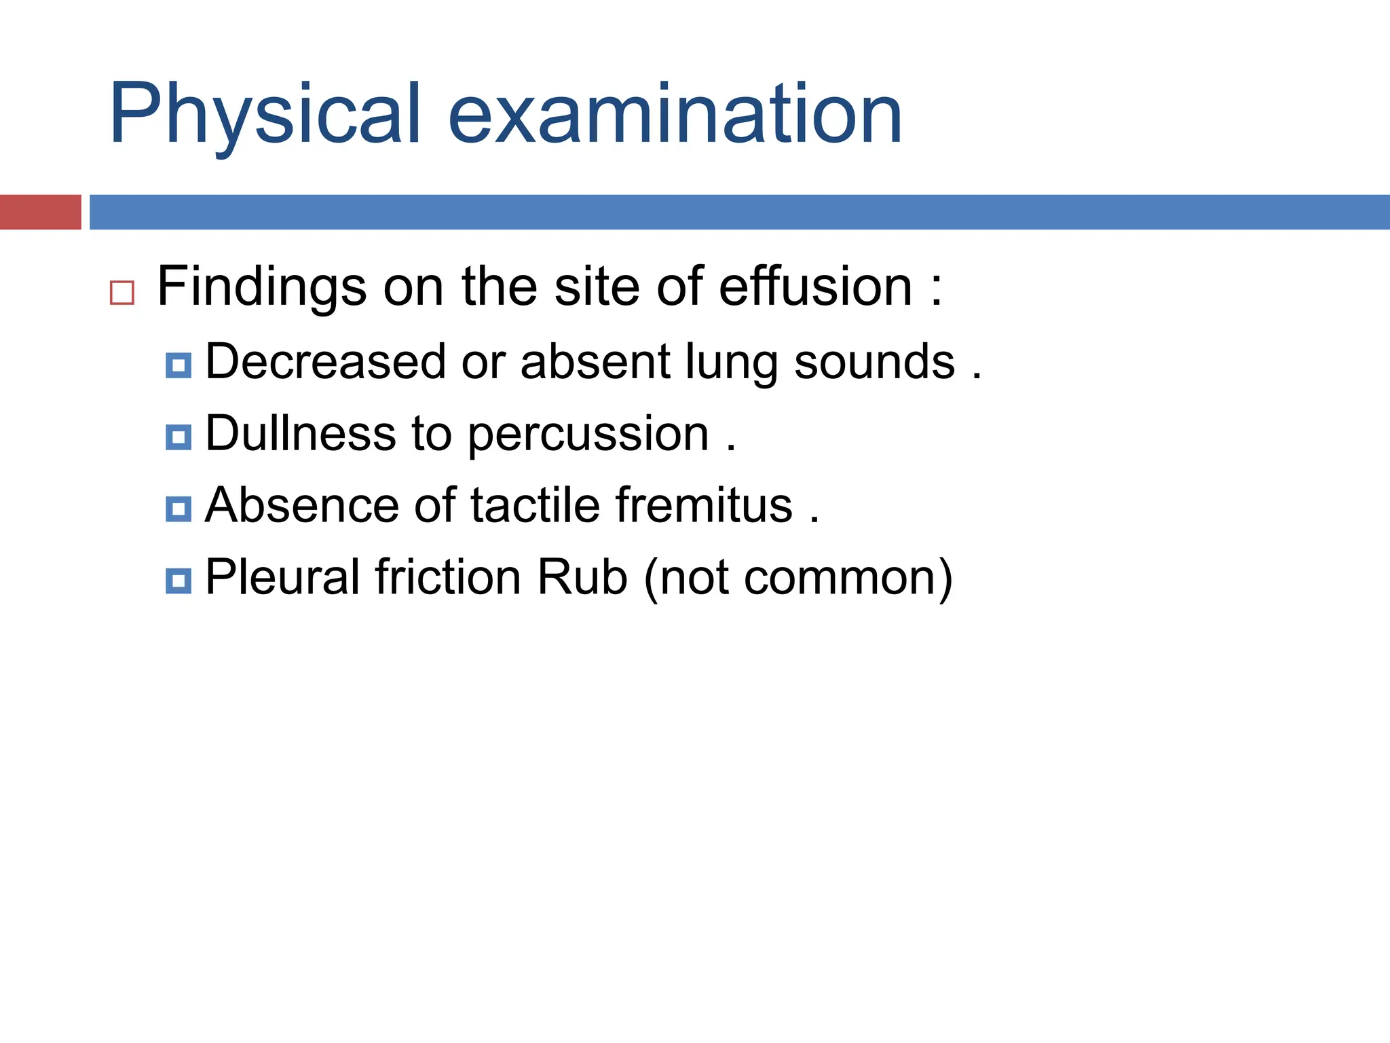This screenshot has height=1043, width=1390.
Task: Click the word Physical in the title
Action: (265, 114)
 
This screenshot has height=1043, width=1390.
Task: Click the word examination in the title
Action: (675, 114)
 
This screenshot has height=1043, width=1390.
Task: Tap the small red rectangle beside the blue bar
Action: (40, 212)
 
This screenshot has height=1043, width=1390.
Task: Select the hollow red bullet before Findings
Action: (122, 293)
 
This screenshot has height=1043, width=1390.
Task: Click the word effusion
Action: (815, 287)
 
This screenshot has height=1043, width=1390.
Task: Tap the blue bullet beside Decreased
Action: (179, 365)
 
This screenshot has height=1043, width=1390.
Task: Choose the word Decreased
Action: (325, 361)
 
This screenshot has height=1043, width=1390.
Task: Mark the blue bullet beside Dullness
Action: (179, 437)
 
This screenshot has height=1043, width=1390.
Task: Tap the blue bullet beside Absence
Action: (179, 509)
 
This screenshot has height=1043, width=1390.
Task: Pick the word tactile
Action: (535, 505)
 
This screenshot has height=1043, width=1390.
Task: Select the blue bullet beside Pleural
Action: (179, 581)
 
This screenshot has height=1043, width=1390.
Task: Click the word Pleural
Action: (282, 577)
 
